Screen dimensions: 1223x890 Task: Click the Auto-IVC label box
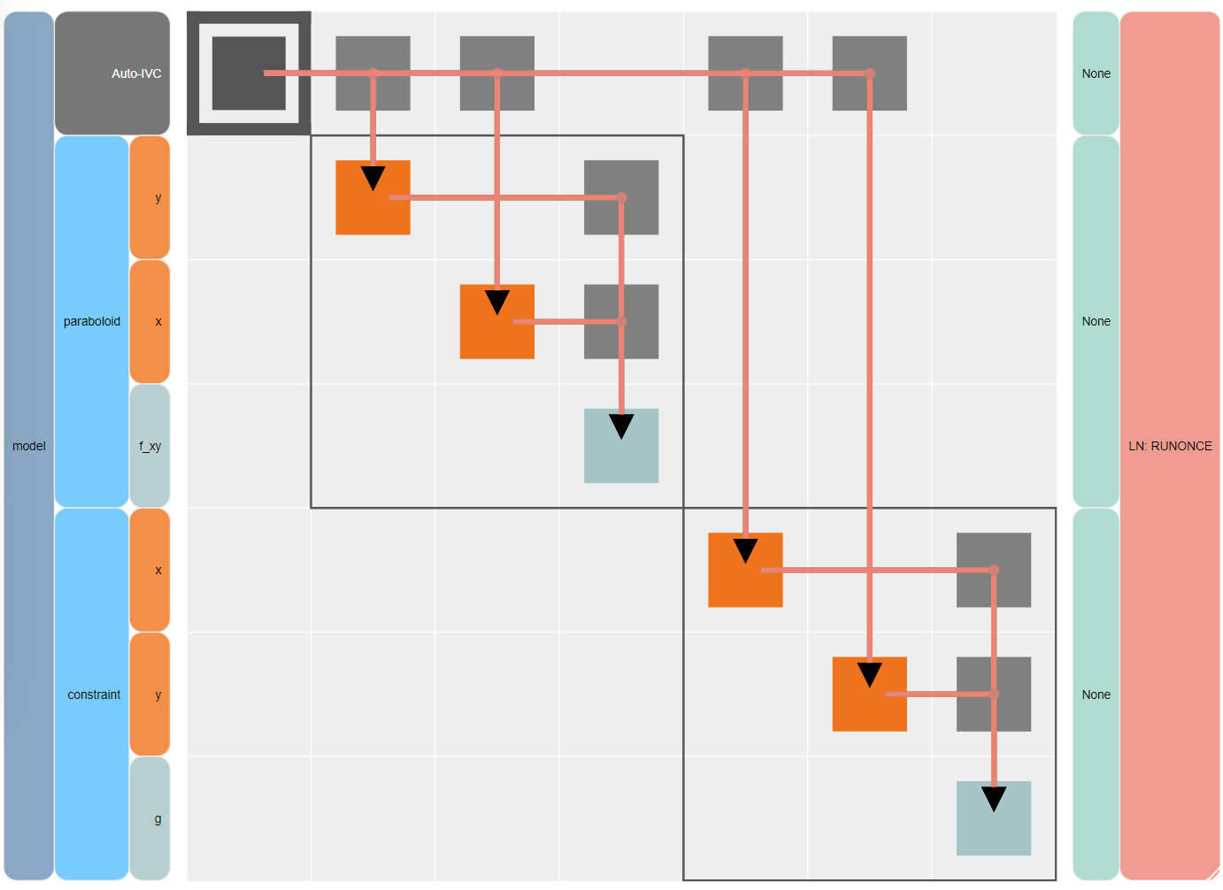pyautogui.click(x=112, y=73)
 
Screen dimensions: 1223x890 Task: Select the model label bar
pyautogui.click(x=29, y=446)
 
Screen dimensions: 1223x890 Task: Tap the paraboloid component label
pyautogui.click(x=92, y=321)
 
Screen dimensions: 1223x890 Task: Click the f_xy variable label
pyautogui.click(x=150, y=446)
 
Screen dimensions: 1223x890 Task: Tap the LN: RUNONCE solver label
pyautogui.click(x=1170, y=446)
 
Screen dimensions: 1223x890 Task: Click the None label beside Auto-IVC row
pyautogui.click(x=1096, y=73)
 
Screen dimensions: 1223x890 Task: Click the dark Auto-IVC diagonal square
pyautogui.click(x=249, y=73)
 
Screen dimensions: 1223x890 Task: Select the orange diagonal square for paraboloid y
pyautogui.click(x=373, y=197)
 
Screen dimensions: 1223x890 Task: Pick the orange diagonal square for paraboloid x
pyautogui.click(x=496, y=321)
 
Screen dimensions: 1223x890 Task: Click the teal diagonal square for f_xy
pyautogui.click(x=621, y=446)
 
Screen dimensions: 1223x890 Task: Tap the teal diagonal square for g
pyautogui.click(x=994, y=818)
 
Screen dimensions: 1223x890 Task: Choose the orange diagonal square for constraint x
pyautogui.click(x=745, y=571)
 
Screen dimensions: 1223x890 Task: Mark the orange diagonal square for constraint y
pyautogui.click(x=870, y=694)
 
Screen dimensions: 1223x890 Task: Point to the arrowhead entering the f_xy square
pyautogui.click(x=621, y=426)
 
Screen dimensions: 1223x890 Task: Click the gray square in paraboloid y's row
pyautogui.click(x=621, y=197)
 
